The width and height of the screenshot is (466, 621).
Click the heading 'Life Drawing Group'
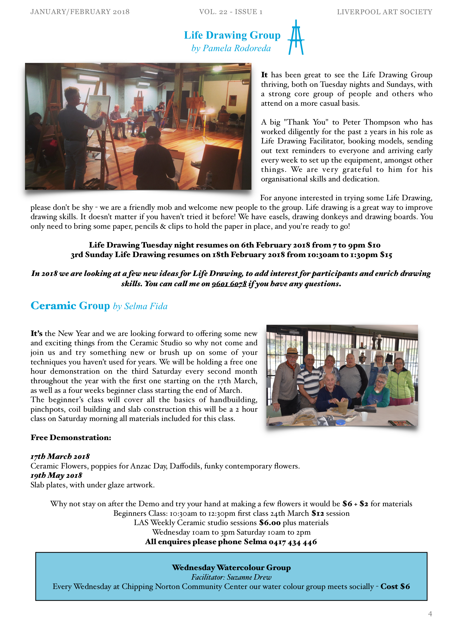point(232,35)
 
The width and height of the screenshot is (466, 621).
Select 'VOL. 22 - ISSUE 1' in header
point(231,12)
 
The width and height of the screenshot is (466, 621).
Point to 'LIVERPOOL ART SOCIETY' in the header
point(384,12)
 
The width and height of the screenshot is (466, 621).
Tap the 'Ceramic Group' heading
point(70,306)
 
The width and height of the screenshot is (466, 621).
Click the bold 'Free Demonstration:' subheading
point(71,437)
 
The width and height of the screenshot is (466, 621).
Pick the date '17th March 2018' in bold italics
point(60,456)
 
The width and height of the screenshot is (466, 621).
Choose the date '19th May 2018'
point(56,475)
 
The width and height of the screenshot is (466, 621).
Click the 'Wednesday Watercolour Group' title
point(231,567)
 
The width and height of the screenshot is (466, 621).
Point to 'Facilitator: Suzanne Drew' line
point(231,577)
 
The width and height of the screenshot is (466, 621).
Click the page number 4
point(430,613)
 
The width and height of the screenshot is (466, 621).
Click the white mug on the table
point(363,416)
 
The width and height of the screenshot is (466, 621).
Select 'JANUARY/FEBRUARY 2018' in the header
point(80,12)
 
